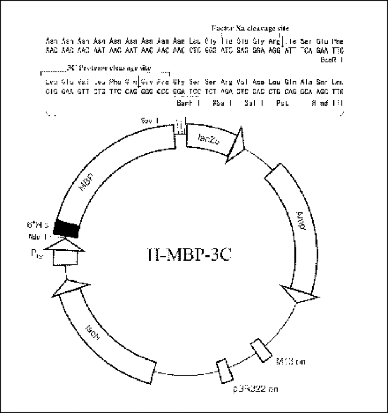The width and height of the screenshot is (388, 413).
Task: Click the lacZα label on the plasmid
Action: tap(210, 139)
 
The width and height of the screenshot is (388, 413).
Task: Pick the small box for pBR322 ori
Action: tap(222, 371)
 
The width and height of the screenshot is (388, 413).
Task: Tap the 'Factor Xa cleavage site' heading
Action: tap(250, 28)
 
